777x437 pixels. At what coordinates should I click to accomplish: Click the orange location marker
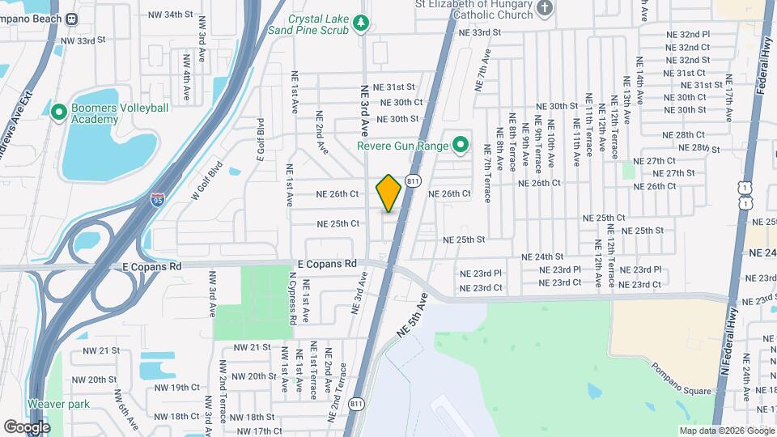click(389, 193)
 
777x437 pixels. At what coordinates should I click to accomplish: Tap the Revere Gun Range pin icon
click(461, 146)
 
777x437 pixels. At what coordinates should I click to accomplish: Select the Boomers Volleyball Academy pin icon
click(57, 112)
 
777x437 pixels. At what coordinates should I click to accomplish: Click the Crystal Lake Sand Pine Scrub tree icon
click(361, 25)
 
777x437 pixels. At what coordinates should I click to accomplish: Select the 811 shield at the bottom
click(355, 403)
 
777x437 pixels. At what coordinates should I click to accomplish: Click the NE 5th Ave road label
click(411, 316)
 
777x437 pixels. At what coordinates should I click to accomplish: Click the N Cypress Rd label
click(292, 298)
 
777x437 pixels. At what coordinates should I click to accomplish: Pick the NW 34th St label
click(172, 15)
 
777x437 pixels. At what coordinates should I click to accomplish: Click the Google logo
click(27, 426)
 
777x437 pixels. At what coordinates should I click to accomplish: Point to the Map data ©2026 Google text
click(726, 431)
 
